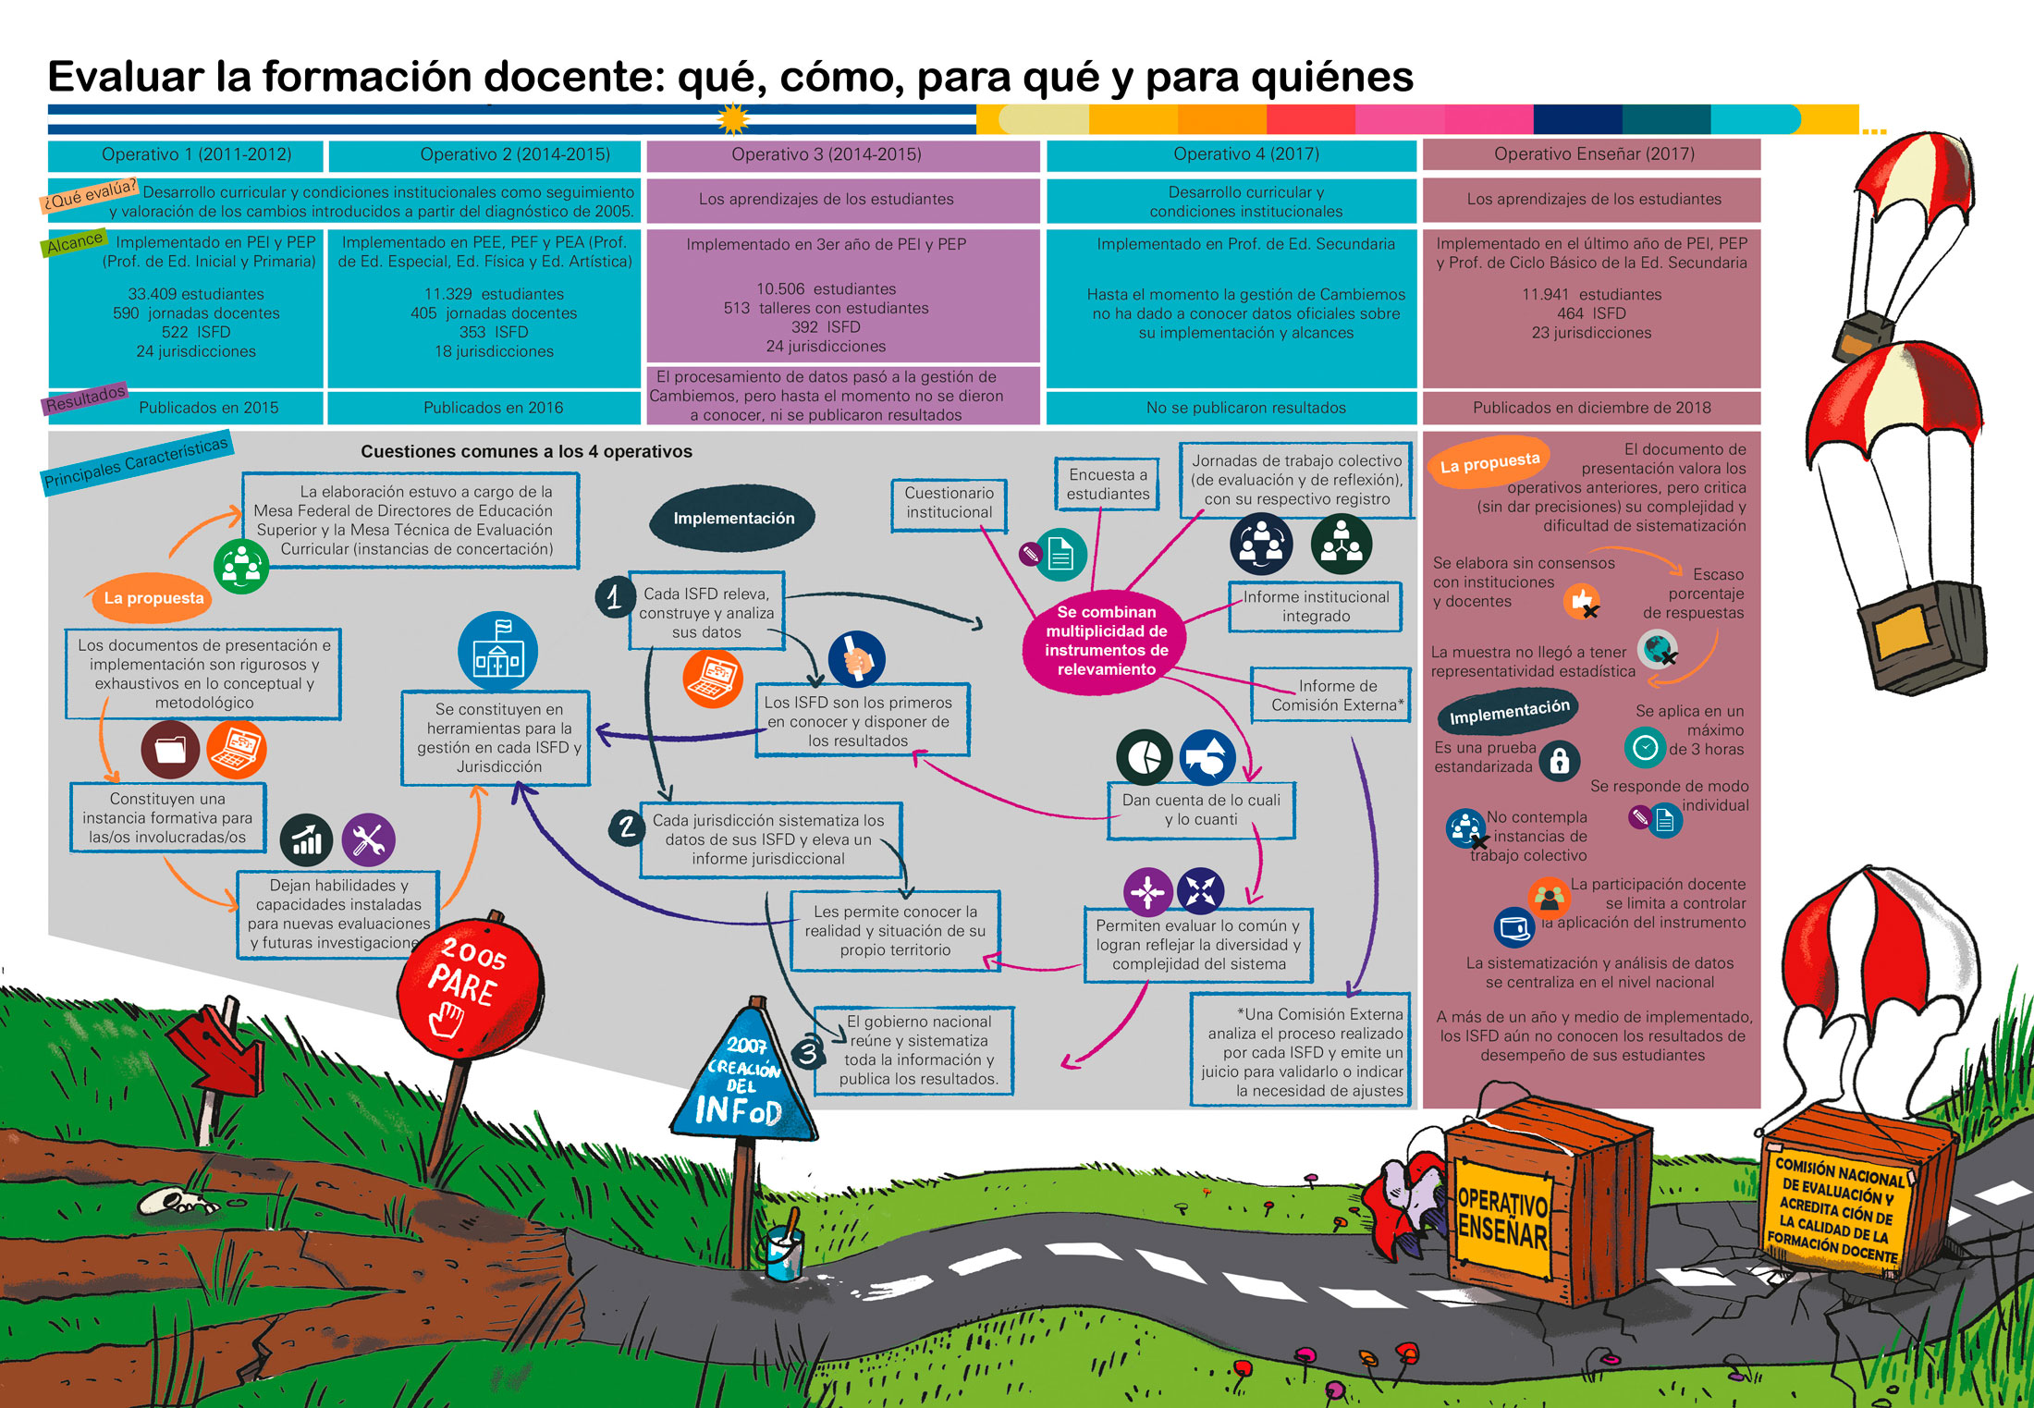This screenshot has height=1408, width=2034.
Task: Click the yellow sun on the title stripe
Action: (x=733, y=118)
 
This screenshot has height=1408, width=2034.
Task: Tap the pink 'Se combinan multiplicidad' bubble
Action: (x=1106, y=641)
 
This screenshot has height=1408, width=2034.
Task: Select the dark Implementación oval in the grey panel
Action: (x=733, y=519)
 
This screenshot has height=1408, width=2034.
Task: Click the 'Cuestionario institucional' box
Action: (x=949, y=504)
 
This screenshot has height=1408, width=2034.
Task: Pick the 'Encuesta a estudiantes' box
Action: (x=1108, y=484)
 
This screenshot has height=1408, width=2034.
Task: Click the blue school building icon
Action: (x=497, y=651)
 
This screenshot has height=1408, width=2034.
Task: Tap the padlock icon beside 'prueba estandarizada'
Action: (x=1560, y=761)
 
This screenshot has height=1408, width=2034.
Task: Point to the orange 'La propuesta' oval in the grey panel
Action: (x=153, y=598)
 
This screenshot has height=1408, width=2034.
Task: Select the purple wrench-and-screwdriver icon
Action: (x=368, y=840)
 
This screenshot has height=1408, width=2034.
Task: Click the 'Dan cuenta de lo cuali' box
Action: (x=1201, y=810)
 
